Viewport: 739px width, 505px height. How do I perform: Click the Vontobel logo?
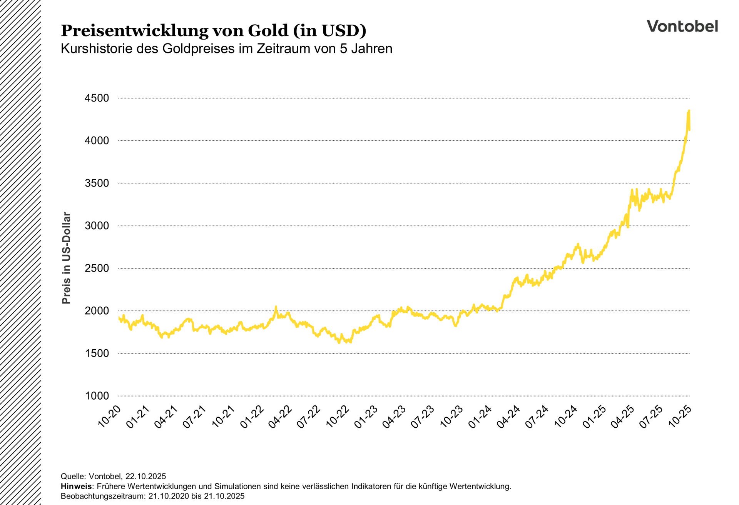click(x=682, y=26)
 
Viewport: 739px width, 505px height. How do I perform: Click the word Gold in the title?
click(x=268, y=30)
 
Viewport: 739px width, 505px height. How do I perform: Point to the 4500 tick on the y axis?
click(x=97, y=98)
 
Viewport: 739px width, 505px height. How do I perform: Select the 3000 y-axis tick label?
click(x=97, y=226)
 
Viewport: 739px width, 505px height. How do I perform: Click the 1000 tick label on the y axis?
click(x=97, y=396)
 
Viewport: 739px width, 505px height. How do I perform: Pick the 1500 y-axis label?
click(x=97, y=353)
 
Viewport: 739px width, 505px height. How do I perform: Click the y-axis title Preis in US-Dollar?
click(x=66, y=258)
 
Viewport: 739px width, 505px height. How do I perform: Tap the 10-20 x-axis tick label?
click(x=109, y=417)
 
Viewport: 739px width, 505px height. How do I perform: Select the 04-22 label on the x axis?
click(x=280, y=417)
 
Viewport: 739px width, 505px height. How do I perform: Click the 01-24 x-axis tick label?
click(x=480, y=417)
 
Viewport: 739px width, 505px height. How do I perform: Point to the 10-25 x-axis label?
click(x=680, y=417)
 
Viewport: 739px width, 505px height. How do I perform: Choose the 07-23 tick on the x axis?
click(x=423, y=417)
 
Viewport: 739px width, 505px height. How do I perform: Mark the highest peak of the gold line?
click(x=689, y=111)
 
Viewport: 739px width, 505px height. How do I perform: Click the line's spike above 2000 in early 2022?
click(x=276, y=307)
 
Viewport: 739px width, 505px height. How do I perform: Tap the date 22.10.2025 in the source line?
click(x=145, y=476)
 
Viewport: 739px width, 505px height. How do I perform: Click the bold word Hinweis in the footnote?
click(x=76, y=486)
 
